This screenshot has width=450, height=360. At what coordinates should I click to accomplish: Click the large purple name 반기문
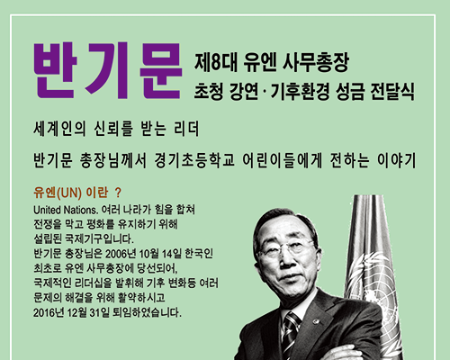[x=108, y=71]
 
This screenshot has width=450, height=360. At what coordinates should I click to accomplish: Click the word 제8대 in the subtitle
[x=216, y=62]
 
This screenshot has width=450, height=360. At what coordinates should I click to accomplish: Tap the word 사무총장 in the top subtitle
[x=316, y=62]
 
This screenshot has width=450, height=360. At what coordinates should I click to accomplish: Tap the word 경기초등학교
[x=194, y=160]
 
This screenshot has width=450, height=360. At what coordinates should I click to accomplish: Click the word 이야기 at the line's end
[x=396, y=160]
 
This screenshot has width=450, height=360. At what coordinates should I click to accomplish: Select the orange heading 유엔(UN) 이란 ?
[x=77, y=193]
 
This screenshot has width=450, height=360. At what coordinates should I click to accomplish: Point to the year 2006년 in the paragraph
[x=121, y=254]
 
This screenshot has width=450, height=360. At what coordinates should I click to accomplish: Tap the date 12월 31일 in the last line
[x=88, y=312]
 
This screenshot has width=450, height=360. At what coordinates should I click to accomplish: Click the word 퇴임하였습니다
[x=147, y=312]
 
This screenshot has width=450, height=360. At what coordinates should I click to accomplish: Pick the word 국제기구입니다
[x=100, y=239]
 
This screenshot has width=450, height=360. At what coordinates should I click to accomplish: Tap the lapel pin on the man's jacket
[x=316, y=321]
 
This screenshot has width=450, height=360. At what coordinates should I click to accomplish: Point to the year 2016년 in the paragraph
[x=49, y=312]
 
